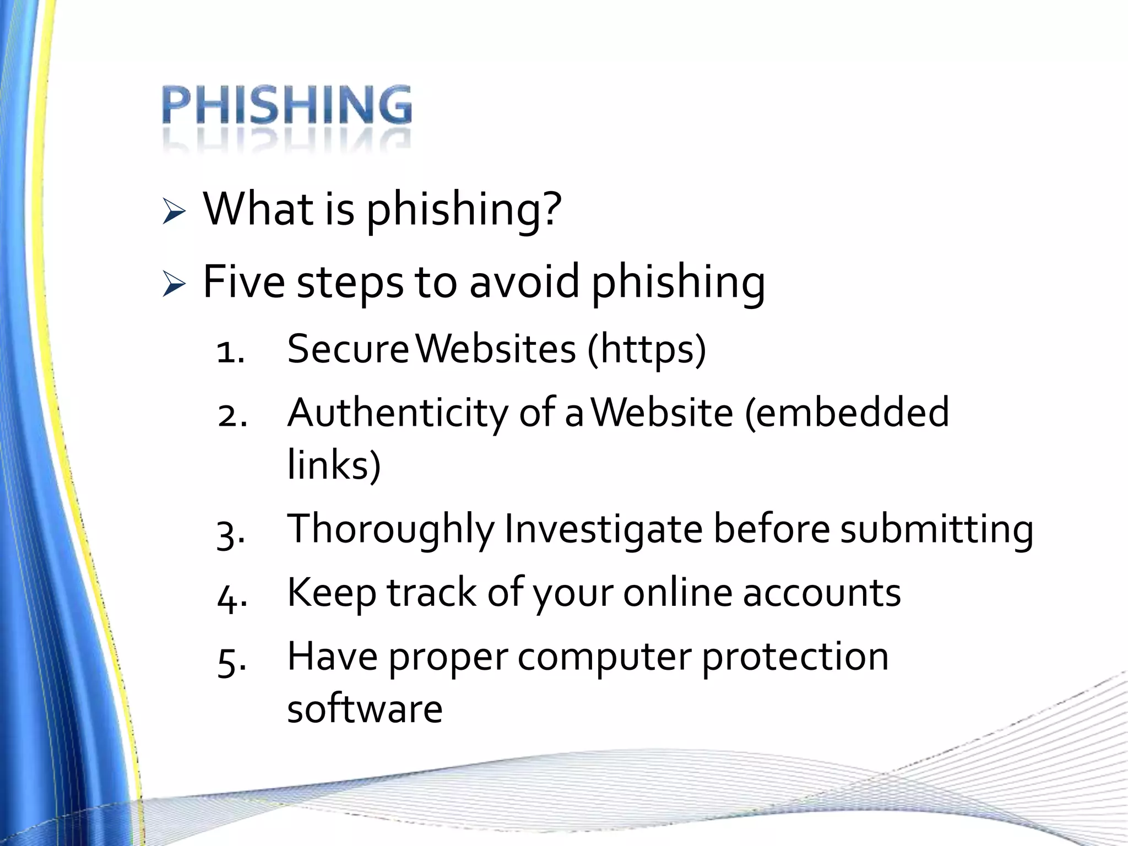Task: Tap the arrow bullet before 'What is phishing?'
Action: click(174, 213)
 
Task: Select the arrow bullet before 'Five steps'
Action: click(174, 285)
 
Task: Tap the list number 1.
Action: click(230, 352)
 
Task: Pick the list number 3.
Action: click(230, 533)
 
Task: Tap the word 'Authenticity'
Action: click(397, 413)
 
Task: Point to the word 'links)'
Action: click(334, 464)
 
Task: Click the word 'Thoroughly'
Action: click(391, 529)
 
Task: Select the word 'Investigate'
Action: click(604, 529)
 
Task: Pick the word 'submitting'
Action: click(936, 529)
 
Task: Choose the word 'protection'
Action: click(795, 657)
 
